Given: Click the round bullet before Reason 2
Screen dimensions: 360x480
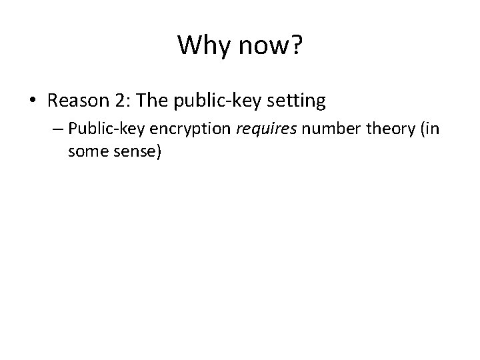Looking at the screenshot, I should pos(33,101).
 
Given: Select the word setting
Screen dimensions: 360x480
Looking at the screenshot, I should pos(297,102).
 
